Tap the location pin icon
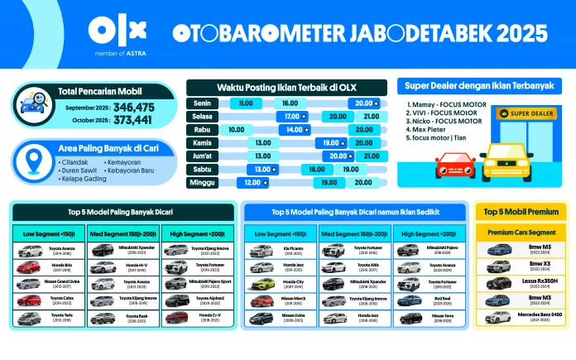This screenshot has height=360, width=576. click(34, 159)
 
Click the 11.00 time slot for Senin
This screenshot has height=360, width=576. click(245, 103)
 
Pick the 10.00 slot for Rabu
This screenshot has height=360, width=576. click(237, 130)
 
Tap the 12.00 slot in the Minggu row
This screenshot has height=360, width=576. click(249, 182)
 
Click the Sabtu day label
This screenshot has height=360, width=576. click(199, 169)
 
